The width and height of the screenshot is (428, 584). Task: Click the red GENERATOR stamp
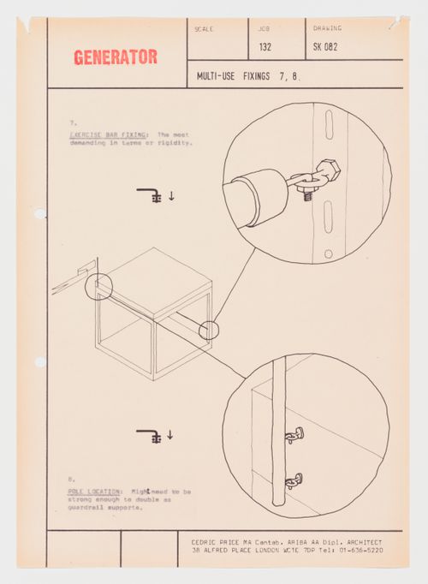(x=115, y=57)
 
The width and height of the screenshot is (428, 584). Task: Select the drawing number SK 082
(x=325, y=48)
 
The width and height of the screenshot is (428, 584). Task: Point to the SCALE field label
(x=204, y=29)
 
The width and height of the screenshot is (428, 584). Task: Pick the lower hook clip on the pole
(x=293, y=480)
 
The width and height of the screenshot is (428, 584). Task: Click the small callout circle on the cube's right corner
(x=209, y=330)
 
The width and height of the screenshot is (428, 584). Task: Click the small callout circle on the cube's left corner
(x=98, y=285)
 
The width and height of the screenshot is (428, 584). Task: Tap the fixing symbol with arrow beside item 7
(x=155, y=195)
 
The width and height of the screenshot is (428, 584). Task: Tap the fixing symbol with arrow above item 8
(x=155, y=435)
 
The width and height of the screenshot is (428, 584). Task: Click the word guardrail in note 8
(x=88, y=508)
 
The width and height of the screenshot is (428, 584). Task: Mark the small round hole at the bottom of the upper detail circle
(x=328, y=253)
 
